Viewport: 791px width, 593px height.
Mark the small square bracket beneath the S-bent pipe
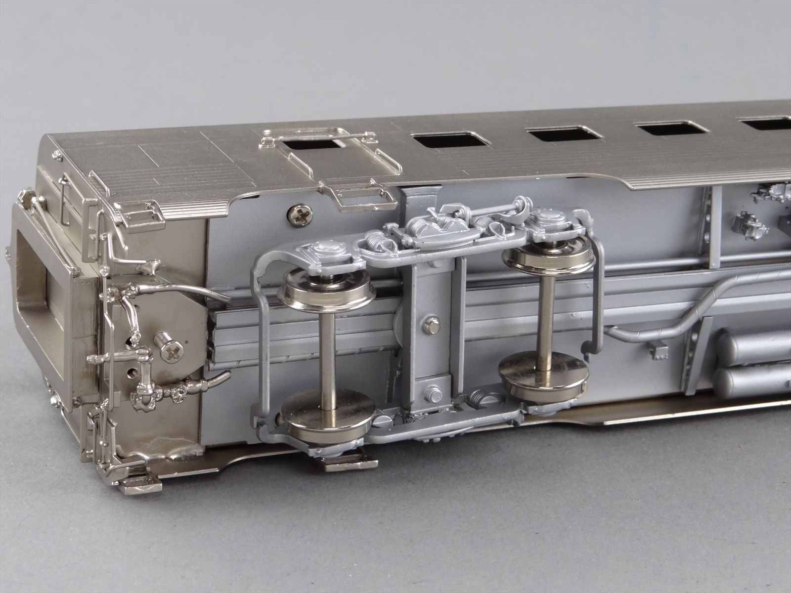tap(658, 352)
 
